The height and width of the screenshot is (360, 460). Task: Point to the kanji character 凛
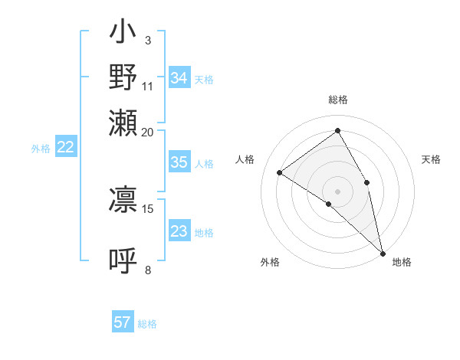123,198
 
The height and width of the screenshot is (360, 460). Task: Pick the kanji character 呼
123,260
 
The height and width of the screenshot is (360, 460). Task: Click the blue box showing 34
179,78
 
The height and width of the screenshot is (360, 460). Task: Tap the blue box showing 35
179,162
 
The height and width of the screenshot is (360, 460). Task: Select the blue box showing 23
179,231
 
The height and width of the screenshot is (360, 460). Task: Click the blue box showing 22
65,148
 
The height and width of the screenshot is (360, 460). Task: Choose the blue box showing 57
123,322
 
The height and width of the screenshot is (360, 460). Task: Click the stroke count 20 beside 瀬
147,133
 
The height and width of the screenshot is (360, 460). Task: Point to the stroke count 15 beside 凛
148,208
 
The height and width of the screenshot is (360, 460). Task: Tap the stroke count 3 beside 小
147,41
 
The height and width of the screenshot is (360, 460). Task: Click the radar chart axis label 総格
337,100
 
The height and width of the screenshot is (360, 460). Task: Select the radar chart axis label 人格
245,159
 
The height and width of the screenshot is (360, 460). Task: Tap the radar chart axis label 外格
270,262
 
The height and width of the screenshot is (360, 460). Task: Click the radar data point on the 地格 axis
383,252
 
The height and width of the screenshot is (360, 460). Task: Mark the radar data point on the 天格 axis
367,182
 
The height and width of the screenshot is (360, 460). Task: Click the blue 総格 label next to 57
147,324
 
